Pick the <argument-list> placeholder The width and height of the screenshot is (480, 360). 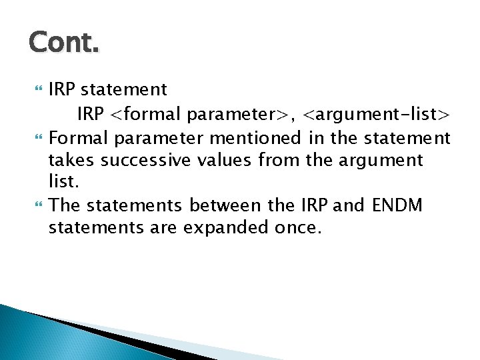[377, 115]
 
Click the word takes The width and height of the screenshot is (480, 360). [69, 161]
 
